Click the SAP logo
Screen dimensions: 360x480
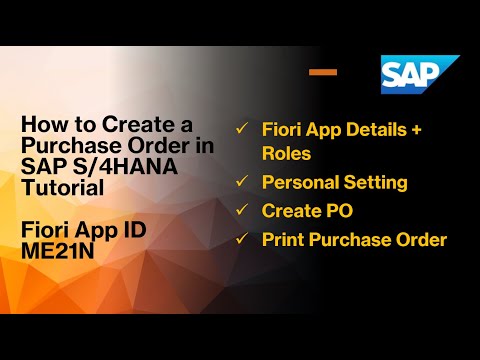coord(419,75)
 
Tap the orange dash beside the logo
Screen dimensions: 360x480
coord(322,72)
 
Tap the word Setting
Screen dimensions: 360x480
coord(376,183)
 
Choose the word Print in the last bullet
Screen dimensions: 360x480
coord(282,239)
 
